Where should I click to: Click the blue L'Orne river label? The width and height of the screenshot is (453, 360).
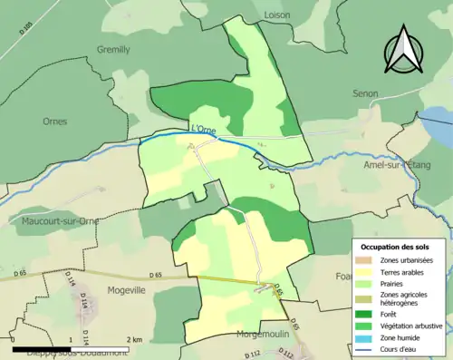[x=205, y=130]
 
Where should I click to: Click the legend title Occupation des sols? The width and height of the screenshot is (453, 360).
[x=401, y=247]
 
